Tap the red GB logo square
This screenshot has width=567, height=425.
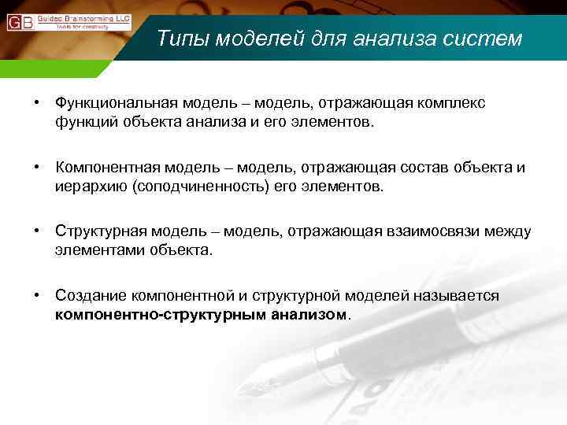[x=20, y=22]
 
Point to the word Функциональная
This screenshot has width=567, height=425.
[x=117, y=103]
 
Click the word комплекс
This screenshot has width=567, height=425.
[x=452, y=103]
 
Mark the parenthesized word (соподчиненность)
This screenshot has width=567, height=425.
[x=190, y=187]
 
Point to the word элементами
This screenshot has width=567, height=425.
[x=93, y=250]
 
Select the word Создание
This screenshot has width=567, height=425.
[x=88, y=295]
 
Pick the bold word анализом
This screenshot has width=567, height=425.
[x=306, y=314]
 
